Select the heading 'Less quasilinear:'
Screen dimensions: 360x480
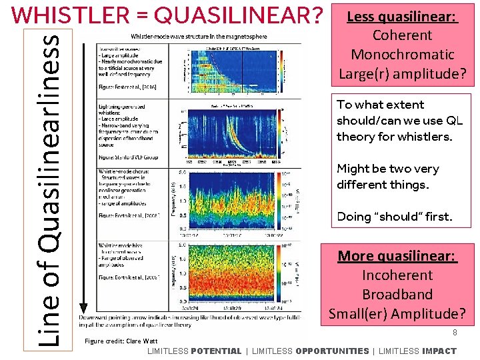pyautogui.click(x=402, y=17)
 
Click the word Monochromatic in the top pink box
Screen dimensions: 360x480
pyautogui.click(x=402, y=55)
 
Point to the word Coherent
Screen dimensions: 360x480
pyautogui.click(x=402, y=36)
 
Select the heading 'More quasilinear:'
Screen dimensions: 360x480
pyautogui.click(x=397, y=256)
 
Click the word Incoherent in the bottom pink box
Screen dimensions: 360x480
pyautogui.click(x=397, y=275)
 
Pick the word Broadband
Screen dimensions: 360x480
pyautogui.click(x=397, y=295)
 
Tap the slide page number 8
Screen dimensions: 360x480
pyautogui.click(x=454, y=332)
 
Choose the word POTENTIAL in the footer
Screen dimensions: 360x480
pyautogui.click(x=216, y=351)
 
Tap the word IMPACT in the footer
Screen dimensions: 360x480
pyautogui.click(x=439, y=351)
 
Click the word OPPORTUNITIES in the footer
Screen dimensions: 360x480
pyautogui.click(x=332, y=351)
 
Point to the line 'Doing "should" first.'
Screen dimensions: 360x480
pyautogui.click(x=395, y=217)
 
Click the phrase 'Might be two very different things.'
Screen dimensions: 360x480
pyautogui.click(x=388, y=177)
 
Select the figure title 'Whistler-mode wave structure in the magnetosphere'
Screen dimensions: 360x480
pyautogui.click(x=190, y=35)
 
